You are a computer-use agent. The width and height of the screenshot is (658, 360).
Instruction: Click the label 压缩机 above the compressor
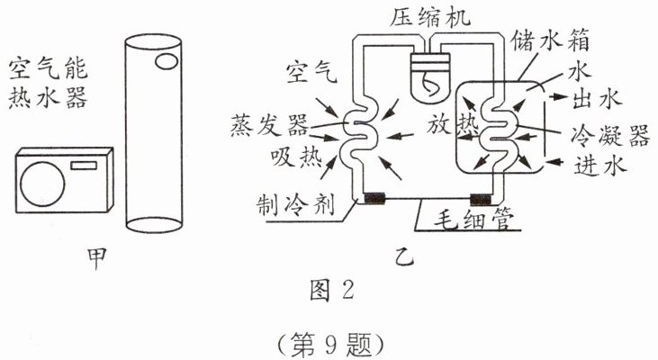pyautogui.click(x=425, y=15)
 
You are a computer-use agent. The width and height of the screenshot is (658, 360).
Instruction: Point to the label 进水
pyautogui.click(x=598, y=166)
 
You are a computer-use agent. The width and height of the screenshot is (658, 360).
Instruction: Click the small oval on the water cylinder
pyautogui.click(x=167, y=62)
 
